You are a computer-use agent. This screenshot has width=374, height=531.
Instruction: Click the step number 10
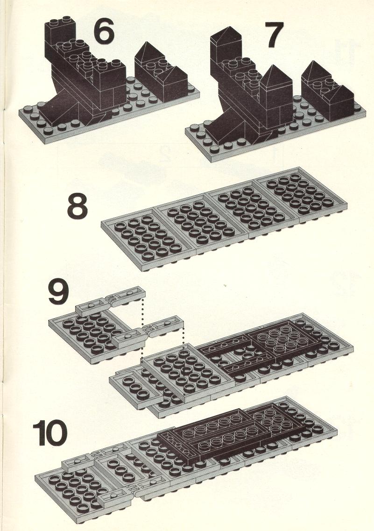pyautogui.click(x=50, y=432)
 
